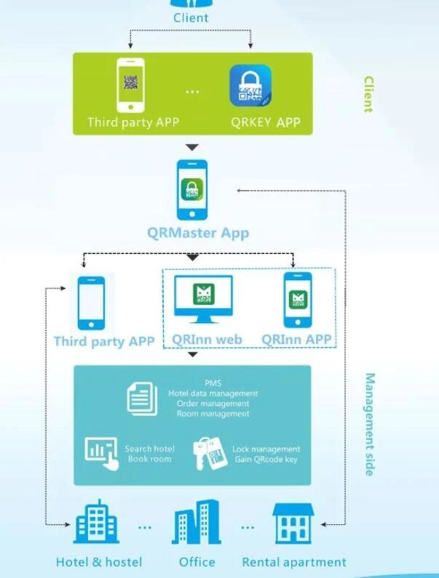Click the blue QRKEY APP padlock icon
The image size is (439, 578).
coord(250,85)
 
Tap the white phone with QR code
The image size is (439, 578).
coord(130,85)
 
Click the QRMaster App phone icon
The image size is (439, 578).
coord(192,190)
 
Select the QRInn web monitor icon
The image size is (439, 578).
coord(203,299)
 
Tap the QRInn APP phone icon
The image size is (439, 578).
coord(298,300)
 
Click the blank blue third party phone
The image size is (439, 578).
coord(91,303)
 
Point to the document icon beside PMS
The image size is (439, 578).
coord(142,399)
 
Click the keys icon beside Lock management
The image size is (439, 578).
coord(210,454)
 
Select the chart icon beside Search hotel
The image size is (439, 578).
coord(102,454)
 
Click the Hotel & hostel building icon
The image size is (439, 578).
coord(97,522)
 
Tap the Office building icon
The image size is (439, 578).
coord(196,522)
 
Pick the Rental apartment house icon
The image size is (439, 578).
coord(293,523)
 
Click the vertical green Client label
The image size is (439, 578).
coord(368,95)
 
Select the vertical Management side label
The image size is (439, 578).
coord(370,424)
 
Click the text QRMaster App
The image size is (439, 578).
coord(198,234)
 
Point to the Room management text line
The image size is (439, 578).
coord(213,413)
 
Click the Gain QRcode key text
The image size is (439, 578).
coord(266,459)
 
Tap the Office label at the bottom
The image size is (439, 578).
coord(197,562)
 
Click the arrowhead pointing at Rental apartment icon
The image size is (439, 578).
coord(323,524)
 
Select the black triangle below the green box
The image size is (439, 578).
coord(192,148)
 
